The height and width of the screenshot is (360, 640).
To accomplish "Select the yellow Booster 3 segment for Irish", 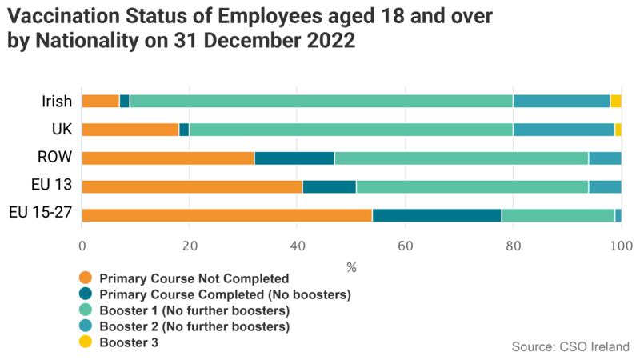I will coord(615,101).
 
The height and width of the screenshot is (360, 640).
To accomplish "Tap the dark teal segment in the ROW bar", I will coord(294,158).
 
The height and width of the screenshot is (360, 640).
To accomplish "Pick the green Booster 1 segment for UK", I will coord(350,130).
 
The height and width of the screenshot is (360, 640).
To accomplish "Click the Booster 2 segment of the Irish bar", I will coord(561,101).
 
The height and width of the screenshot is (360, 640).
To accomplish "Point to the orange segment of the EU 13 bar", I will coord(192,186).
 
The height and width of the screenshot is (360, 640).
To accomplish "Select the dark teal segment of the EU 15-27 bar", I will coord(437,214).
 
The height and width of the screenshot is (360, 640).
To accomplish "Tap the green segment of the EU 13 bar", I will coord(474,186).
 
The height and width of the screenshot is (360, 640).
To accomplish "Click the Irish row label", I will coord(57,102).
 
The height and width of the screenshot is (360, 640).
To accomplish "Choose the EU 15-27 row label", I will coord(41,214).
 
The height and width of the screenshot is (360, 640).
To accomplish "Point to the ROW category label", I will coord(54,158).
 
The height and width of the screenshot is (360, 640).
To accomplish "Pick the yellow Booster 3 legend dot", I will coord(86,342).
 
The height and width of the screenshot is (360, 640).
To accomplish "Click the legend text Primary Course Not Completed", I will coord(194,278).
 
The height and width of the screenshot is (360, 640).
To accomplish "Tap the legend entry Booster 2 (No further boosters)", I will coord(194,326).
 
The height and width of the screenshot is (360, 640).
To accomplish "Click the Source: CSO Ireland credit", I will coord(570,346).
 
